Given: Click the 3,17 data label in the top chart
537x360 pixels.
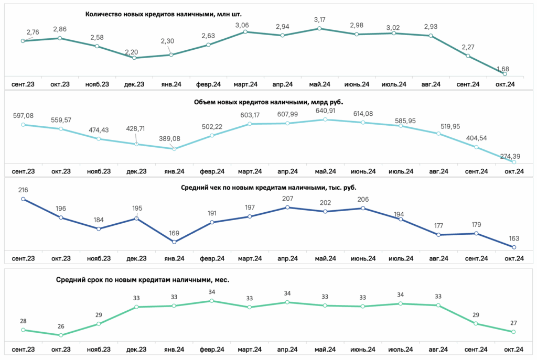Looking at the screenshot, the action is pos(319,20).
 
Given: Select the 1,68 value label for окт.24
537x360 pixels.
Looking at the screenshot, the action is pos(503,69).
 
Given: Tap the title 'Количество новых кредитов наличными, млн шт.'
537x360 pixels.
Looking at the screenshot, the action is pos(164,14).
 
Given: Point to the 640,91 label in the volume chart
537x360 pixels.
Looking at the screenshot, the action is pos(325,111).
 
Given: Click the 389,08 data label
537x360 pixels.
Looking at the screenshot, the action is pos(169,138).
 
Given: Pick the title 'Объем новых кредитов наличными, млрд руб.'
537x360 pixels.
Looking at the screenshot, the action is pos(268,102).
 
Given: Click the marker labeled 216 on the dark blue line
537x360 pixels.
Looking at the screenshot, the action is pos(23,199).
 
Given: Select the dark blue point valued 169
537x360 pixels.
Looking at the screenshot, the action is pos(174,242).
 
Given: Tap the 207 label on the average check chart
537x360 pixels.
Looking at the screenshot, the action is pos(288,199).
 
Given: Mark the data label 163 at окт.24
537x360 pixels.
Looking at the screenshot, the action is pos(514,238).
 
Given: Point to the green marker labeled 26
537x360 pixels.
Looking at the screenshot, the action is pos(61,335).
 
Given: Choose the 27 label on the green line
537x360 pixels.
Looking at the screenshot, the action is pos(513,323).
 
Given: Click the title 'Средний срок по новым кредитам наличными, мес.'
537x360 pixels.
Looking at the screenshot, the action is pos(143,280).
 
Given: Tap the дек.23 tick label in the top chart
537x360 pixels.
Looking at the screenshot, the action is pos(134,84).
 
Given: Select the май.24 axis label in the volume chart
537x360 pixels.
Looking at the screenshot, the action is pos(325,171).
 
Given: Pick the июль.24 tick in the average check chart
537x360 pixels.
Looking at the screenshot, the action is pos(401,258).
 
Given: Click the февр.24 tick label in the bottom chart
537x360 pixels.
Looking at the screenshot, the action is pos(212,350).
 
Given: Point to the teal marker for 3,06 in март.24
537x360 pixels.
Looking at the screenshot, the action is pos(245,32).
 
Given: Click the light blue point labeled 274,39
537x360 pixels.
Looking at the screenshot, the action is pos(514,162).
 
